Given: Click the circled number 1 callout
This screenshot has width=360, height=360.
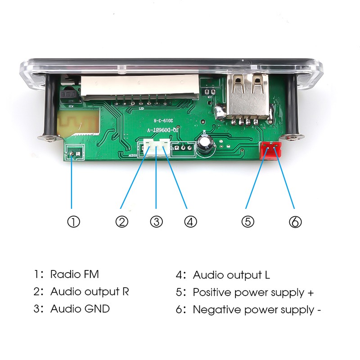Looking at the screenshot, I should (73, 221).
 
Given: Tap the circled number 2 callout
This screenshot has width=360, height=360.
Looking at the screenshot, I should (122, 221).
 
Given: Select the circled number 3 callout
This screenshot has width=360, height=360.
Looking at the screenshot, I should (156, 221).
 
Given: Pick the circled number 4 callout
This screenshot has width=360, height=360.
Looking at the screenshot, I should (190, 221).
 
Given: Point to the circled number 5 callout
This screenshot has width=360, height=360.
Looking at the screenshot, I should (247, 221).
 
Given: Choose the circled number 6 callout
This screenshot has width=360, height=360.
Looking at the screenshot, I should (295, 221).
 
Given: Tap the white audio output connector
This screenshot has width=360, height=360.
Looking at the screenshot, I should (156, 148).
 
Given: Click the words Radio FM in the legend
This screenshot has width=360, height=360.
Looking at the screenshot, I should (74, 274).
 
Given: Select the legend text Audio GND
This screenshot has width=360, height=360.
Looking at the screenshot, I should (80, 309).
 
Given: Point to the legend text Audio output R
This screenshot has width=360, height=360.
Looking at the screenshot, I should (90, 292).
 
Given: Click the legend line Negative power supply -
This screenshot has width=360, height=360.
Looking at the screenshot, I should (256, 310).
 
